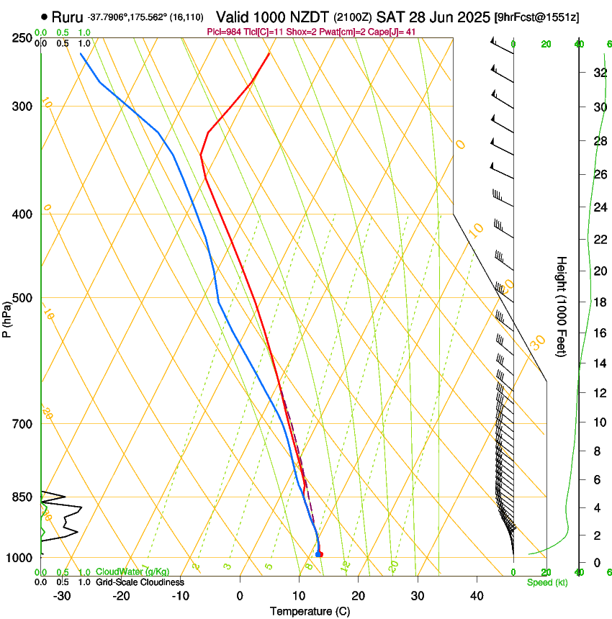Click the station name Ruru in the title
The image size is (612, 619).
(68, 17)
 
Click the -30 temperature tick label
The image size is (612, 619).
(62, 596)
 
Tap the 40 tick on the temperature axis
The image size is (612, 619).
(476, 596)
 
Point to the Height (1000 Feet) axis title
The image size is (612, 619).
(562, 306)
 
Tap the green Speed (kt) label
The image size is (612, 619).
(547, 582)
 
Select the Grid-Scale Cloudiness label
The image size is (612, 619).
(140, 582)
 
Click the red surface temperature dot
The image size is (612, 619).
(320, 554)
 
